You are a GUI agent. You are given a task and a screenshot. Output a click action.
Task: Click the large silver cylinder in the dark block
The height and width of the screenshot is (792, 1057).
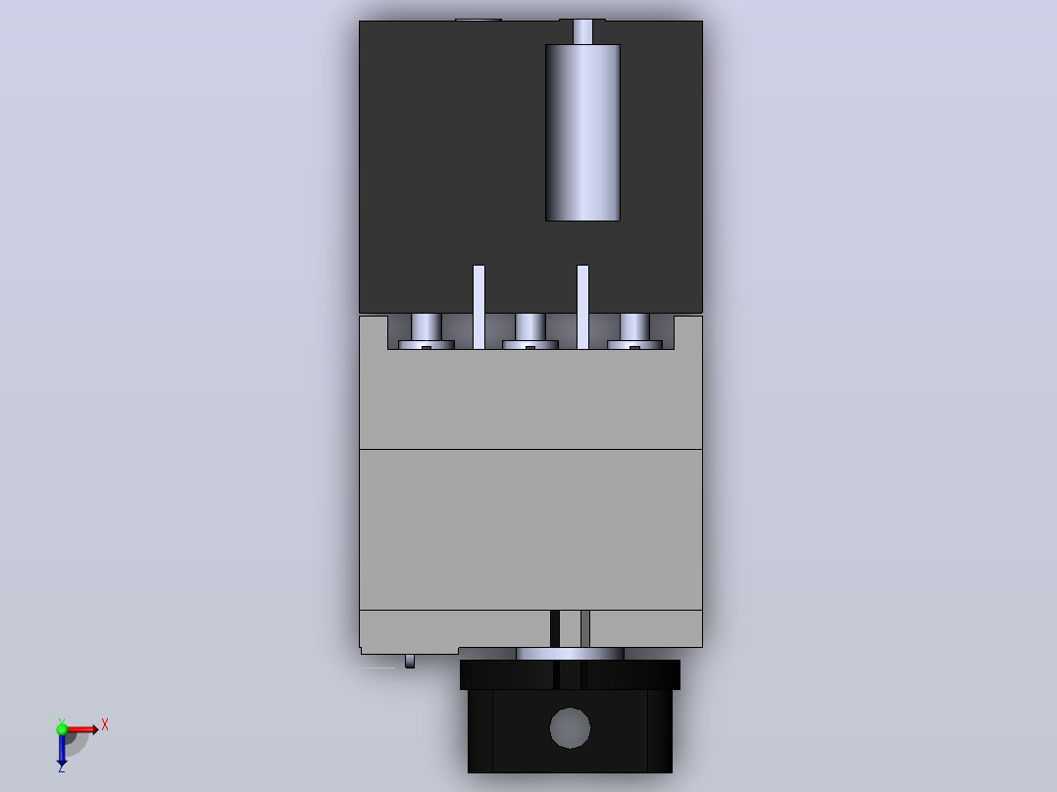582,132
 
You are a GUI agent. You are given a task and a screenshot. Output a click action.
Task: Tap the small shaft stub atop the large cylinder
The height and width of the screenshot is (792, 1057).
582,31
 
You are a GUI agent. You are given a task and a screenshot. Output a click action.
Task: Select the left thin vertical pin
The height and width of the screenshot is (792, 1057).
478,307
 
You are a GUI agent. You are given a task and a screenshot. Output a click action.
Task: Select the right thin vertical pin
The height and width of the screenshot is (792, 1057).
583,307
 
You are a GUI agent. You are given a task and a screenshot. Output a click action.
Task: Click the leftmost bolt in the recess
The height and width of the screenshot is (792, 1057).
426,331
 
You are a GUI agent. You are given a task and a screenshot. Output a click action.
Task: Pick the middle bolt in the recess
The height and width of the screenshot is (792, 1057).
530,331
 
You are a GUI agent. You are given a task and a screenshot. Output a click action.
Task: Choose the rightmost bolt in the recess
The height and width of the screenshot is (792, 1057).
635,331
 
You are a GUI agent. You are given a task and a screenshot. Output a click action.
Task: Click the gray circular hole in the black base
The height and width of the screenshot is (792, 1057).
570,728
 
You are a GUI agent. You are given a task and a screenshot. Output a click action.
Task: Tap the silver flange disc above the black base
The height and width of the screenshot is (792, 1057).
571,654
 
